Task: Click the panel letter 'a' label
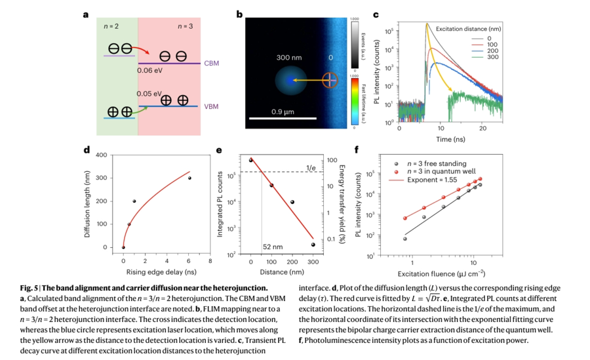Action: point(86,14)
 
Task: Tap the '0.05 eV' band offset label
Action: point(149,94)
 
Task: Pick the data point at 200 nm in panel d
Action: point(134,201)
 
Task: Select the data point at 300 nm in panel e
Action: point(313,245)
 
